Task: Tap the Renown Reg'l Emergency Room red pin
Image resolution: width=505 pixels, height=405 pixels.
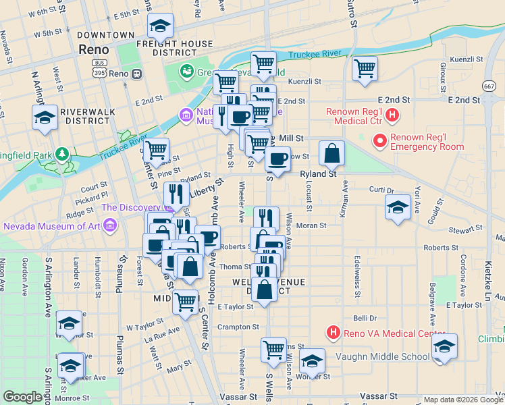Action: pos(380,141)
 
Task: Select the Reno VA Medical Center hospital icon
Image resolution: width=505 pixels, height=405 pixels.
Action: pos(333,332)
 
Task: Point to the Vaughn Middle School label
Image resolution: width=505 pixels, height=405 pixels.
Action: pos(381,357)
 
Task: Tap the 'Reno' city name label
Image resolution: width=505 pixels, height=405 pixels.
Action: pos(94,49)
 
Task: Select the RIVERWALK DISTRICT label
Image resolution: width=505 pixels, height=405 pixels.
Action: pos(85,115)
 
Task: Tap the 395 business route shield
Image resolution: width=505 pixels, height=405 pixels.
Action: pos(99,72)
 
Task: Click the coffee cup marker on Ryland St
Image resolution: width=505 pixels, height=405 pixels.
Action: pos(277,159)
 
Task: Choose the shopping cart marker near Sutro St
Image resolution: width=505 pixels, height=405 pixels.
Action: pos(365,68)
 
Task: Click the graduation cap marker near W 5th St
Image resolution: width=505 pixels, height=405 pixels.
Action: pos(159,28)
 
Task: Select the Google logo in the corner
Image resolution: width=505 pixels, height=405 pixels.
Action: pos(22,397)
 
